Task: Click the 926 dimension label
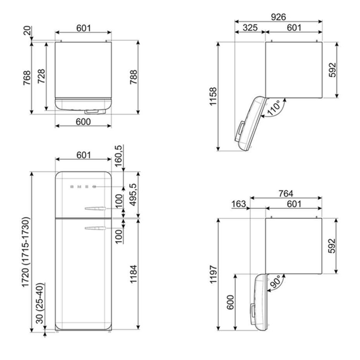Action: click(278, 17)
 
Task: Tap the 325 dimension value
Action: click(250, 28)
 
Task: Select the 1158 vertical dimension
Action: click(213, 96)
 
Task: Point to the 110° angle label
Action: click(274, 108)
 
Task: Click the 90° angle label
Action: click(276, 282)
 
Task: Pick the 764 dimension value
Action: click(286, 194)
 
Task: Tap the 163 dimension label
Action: click(239, 204)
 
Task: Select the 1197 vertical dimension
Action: click(213, 274)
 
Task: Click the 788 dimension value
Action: click(133, 77)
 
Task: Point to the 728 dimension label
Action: click(41, 76)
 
